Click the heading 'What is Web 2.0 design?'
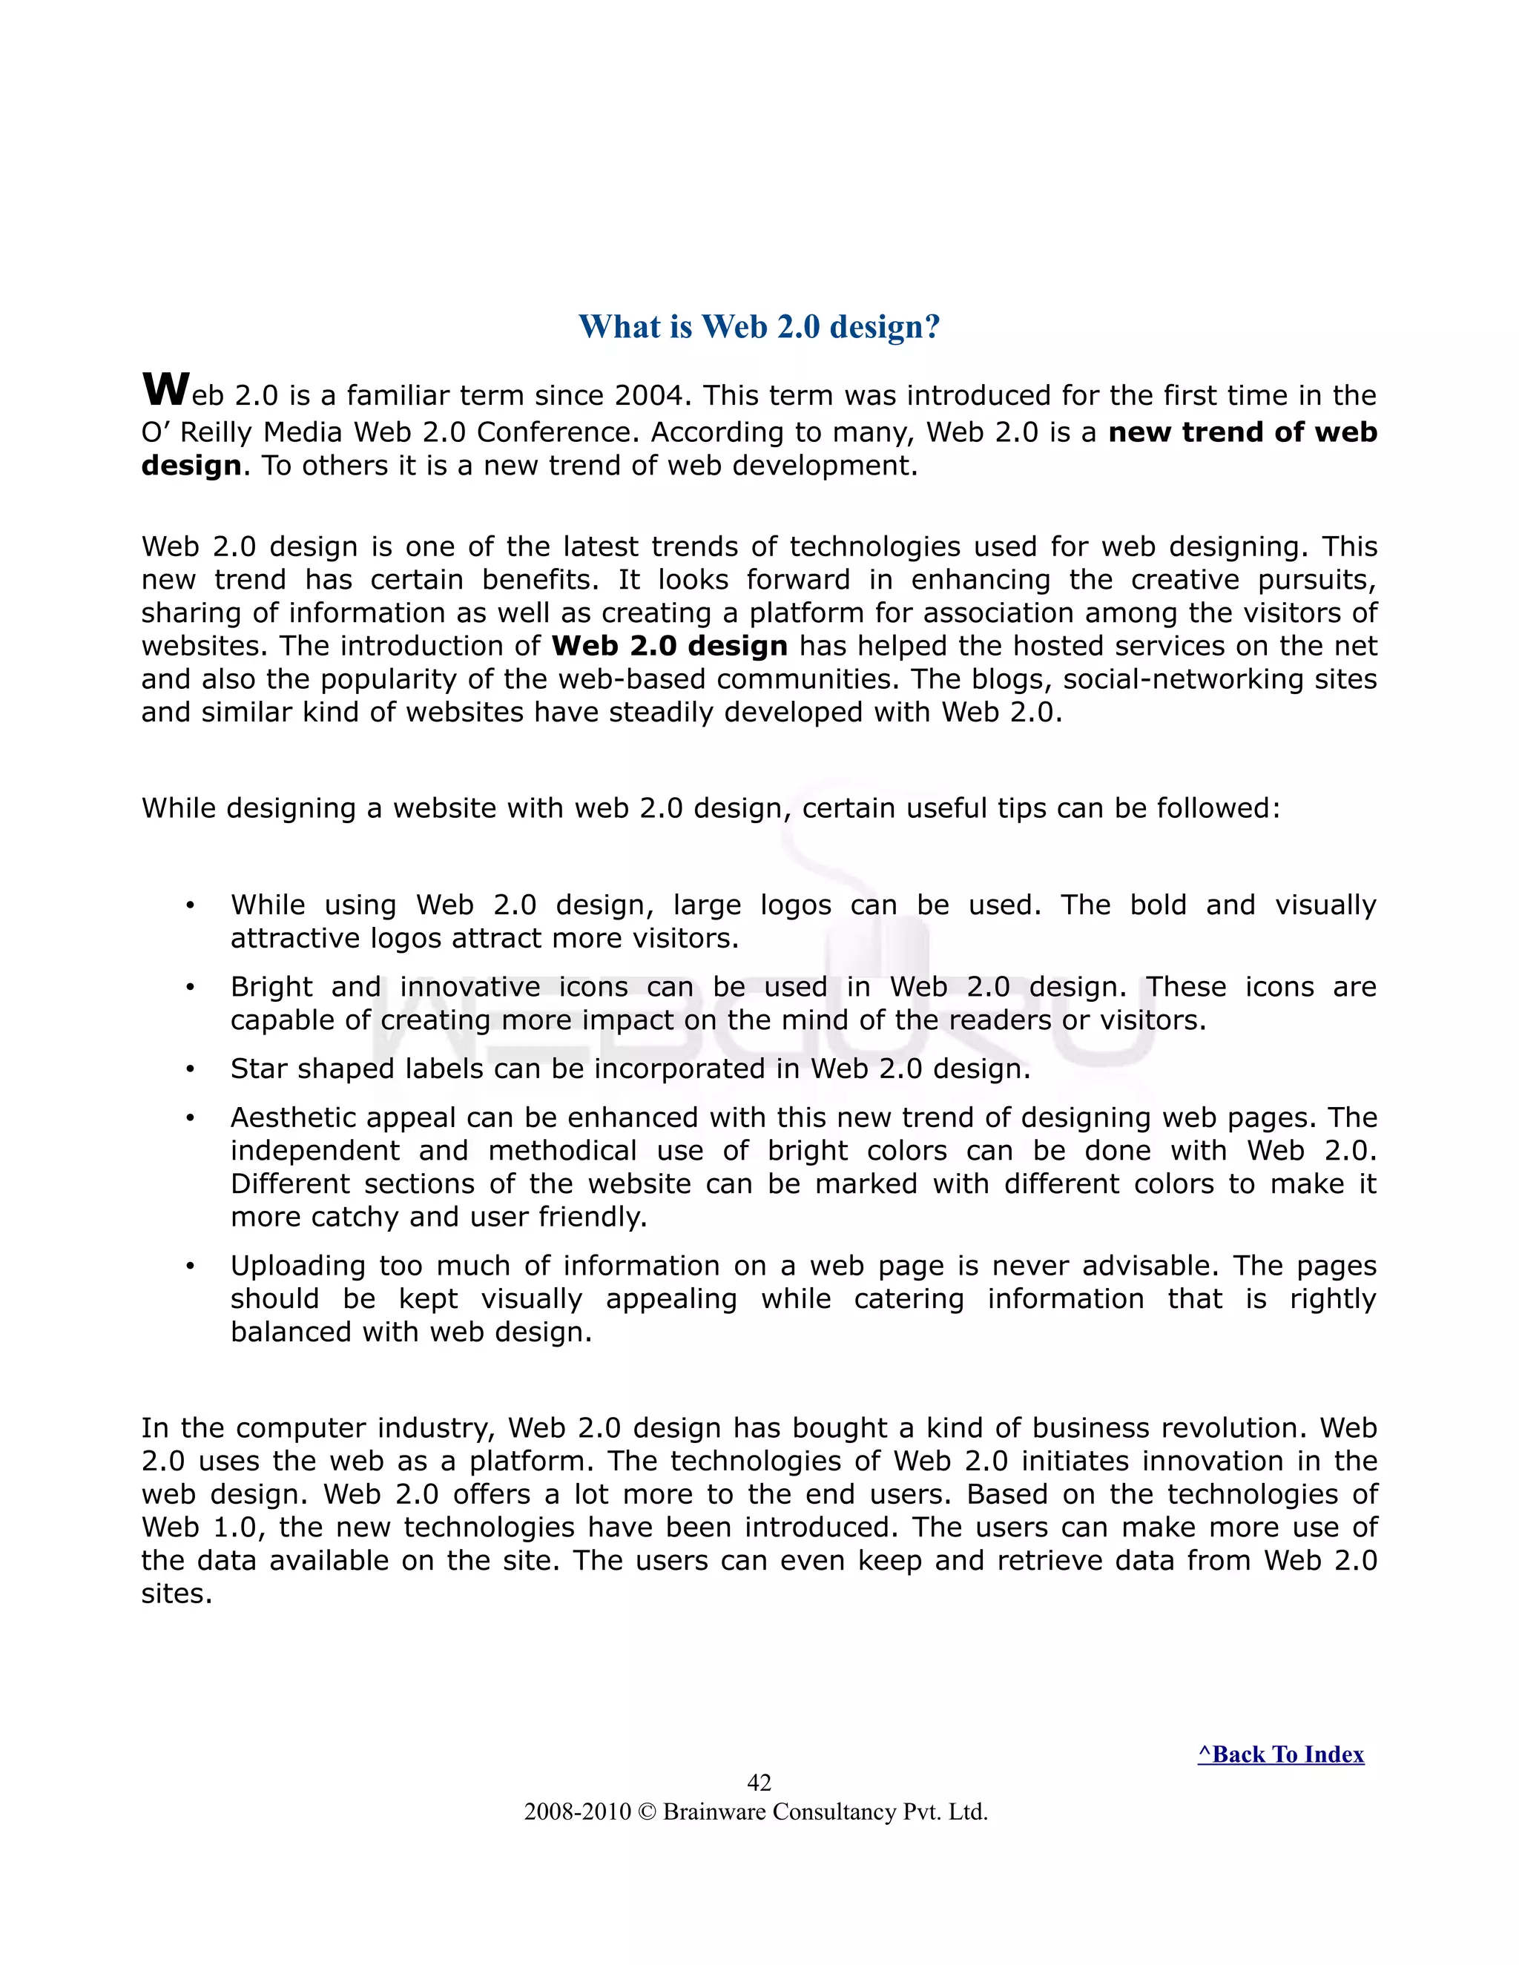pos(759,326)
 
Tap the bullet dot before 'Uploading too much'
pos(190,1266)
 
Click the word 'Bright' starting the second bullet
pos(271,987)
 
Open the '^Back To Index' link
pos(1280,1754)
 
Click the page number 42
pos(759,1783)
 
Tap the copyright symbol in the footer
pos(647,1812)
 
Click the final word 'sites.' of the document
pos(177,1594)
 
